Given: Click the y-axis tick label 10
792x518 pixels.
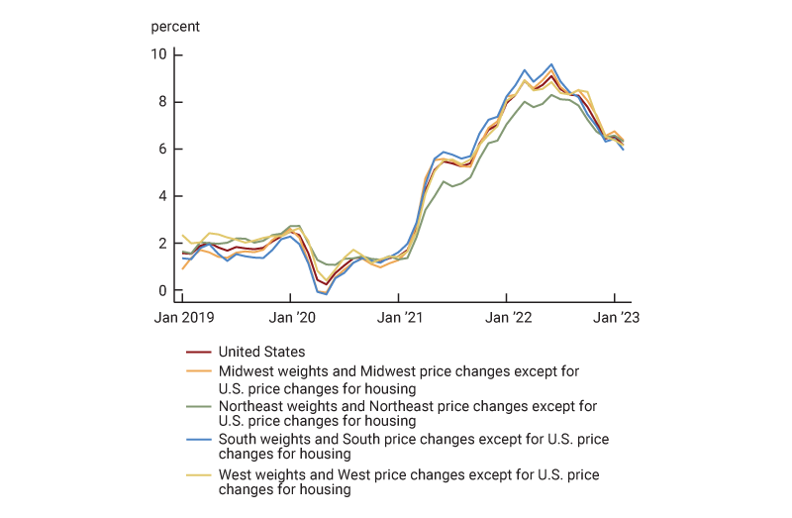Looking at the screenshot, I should pos(158,53).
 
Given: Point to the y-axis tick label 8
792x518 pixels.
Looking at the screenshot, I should pos(162,101).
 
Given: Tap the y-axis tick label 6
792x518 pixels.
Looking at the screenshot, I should pos(162,149).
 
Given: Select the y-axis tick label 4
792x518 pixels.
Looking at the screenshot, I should pos(162,196).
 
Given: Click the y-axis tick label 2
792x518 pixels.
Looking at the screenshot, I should pos(162,244).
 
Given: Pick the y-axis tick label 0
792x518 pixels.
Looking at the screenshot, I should pos(162,291).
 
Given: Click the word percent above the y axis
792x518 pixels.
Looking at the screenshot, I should pos(175,27).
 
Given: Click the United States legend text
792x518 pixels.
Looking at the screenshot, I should pos(261,352).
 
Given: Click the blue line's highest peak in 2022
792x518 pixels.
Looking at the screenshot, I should pos(551,64).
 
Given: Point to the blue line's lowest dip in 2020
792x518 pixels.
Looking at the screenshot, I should pos(326,294).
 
